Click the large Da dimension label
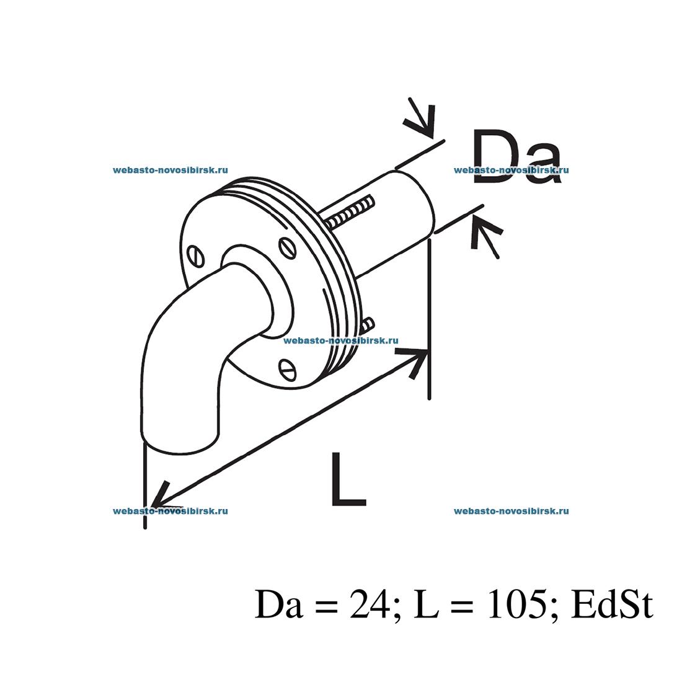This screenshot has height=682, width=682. (x=516, y=157)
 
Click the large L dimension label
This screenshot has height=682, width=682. (x=348, y=479)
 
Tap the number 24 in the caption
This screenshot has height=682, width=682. (x=370, y=604)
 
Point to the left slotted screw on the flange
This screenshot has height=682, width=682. (x=196, y=256)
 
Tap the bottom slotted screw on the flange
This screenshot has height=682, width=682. (x=287, y=370)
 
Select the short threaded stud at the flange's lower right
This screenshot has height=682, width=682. (x=368, y=324)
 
